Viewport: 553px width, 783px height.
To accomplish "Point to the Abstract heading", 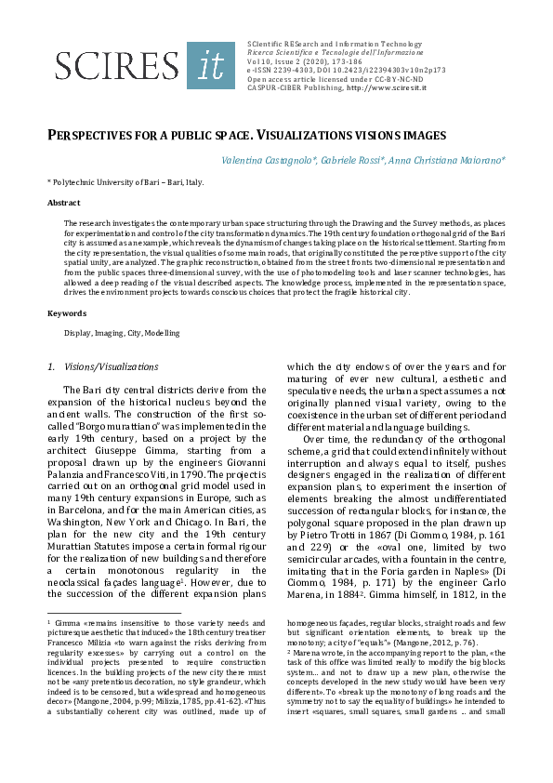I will pyautogui.click(x=63, y=202).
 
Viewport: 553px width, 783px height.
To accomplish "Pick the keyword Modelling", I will pyautogui.click(x=163, y=332).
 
